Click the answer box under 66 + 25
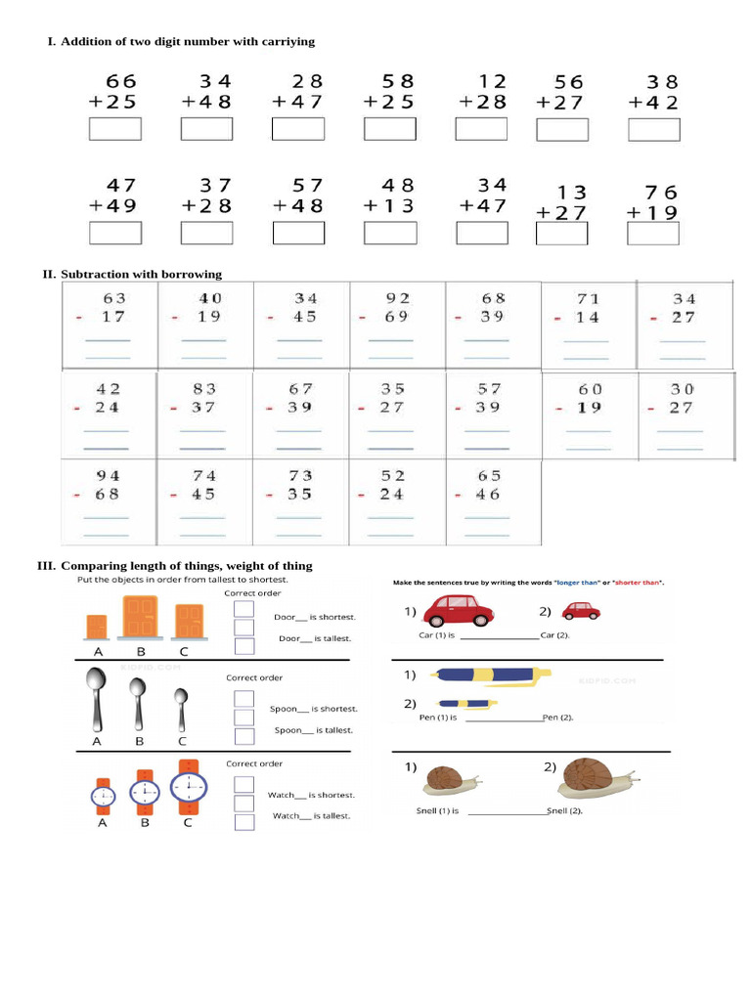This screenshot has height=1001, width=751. [115, 129]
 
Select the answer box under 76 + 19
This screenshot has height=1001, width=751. [652, 234]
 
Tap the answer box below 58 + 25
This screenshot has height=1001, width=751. [390, 129]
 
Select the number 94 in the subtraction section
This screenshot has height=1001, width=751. [108, 476]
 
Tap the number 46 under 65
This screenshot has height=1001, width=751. [488, 495]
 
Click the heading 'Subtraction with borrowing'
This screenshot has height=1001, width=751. [141, 274]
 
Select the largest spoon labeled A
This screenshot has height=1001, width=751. [96, 698]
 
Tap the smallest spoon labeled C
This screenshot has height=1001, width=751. [181, 708]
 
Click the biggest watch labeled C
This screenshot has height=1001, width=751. [188, 786]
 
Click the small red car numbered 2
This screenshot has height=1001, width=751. [581, 611]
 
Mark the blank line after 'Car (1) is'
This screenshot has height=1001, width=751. [499, 636]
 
